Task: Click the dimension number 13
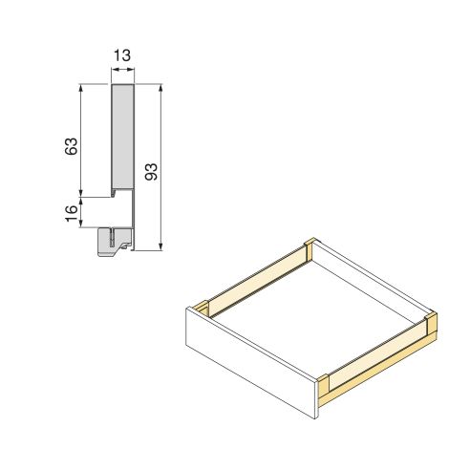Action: (x=123, y=56)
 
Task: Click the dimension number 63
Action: (x=69, y=147)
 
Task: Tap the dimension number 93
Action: (x=151, y=172)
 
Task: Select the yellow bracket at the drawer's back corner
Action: (x=306, y=250)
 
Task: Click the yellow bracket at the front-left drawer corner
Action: (x=200, y=310)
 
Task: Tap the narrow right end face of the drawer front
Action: (x=317, y=397)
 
